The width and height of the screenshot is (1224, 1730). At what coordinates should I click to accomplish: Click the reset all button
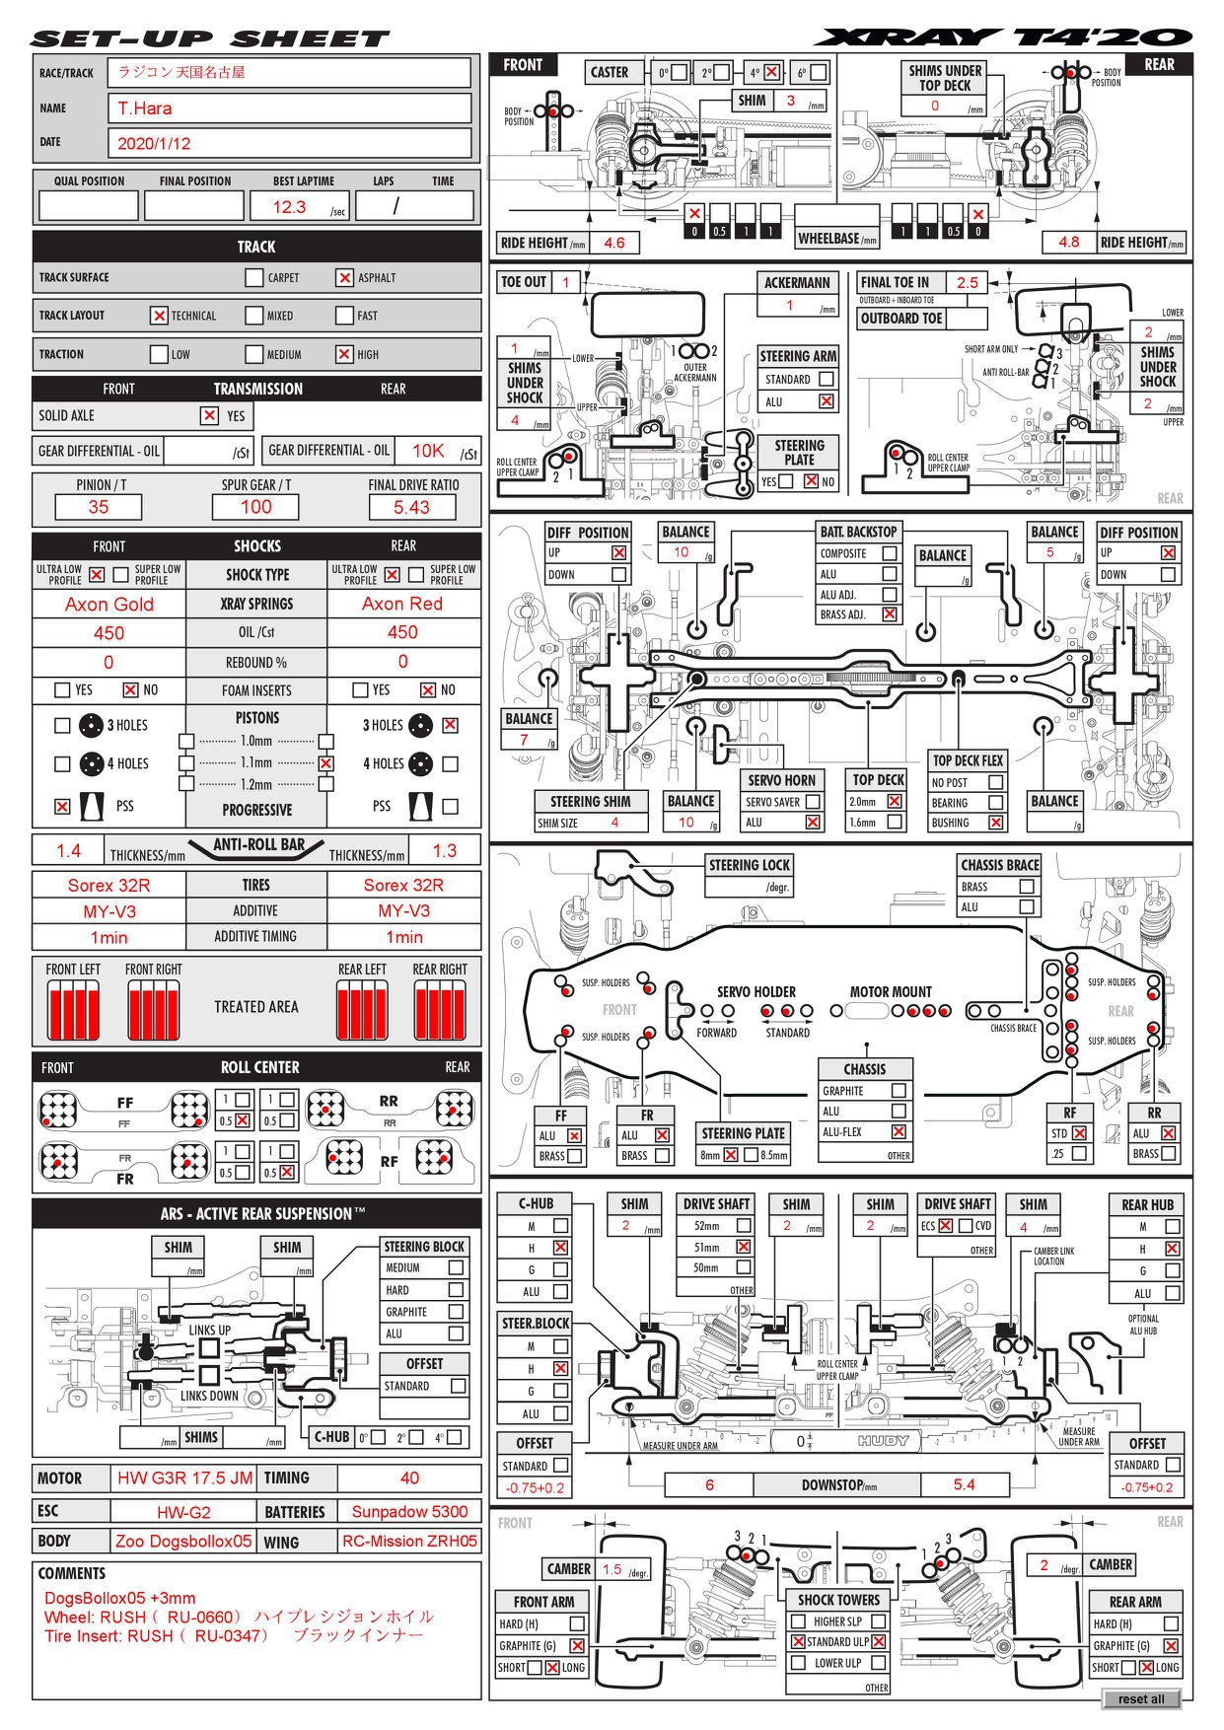click(1141, 1698)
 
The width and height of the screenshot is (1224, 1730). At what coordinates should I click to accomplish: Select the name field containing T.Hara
click(289, 108)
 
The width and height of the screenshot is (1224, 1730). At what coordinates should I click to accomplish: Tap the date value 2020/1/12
click(154, 143)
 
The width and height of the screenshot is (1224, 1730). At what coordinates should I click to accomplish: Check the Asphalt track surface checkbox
click(344, 278)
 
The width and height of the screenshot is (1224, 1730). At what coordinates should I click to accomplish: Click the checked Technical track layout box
click(159, 316)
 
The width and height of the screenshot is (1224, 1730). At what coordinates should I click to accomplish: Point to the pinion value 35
click(99, 507)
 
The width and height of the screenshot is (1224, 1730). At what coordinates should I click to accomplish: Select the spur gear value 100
click(255, 507)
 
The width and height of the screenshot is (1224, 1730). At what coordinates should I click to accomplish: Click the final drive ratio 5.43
click(411, 507)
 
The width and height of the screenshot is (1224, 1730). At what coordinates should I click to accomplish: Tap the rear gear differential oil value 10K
click(428, 451)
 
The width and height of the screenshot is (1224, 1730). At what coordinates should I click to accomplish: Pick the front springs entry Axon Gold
click(109, 604)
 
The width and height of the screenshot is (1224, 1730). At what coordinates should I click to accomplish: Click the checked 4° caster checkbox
click(771, 73)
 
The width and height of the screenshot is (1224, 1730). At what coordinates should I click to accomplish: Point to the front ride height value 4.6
click(614, 243)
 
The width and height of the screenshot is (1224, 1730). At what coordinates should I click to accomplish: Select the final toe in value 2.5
click(968, 282)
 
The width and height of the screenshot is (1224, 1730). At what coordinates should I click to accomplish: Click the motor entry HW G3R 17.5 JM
click(184, 1478)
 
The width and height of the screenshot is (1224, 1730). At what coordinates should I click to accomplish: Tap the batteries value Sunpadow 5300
click(409, 1511)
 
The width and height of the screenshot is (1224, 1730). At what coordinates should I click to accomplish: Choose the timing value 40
click(409, 1478)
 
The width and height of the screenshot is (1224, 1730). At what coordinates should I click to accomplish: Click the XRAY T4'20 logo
click(1003, 37)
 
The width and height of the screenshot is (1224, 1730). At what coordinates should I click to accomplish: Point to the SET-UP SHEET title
click(210, 39)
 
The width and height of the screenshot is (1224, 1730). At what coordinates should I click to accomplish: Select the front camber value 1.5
click(612, 1569)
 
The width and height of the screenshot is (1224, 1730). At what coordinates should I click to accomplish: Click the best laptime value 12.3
click(289, 207)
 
